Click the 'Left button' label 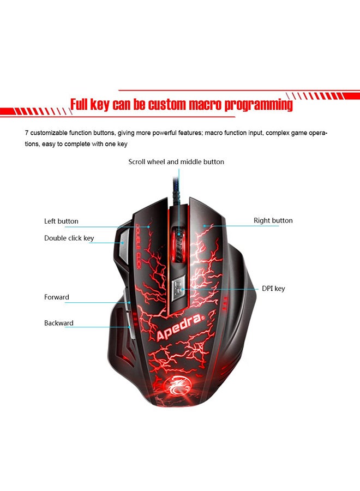tap(61, 221)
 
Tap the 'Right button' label tap(273, 220)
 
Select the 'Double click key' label tap(69, 238)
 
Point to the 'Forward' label tap(56, 297)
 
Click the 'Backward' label tap(58, 323)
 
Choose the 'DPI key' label tap(273, 289)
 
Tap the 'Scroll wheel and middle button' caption tap(176, 161)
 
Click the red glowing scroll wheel tap(178, 241)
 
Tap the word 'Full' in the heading tap(83, 105)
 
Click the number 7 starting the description tap(27, 133)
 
